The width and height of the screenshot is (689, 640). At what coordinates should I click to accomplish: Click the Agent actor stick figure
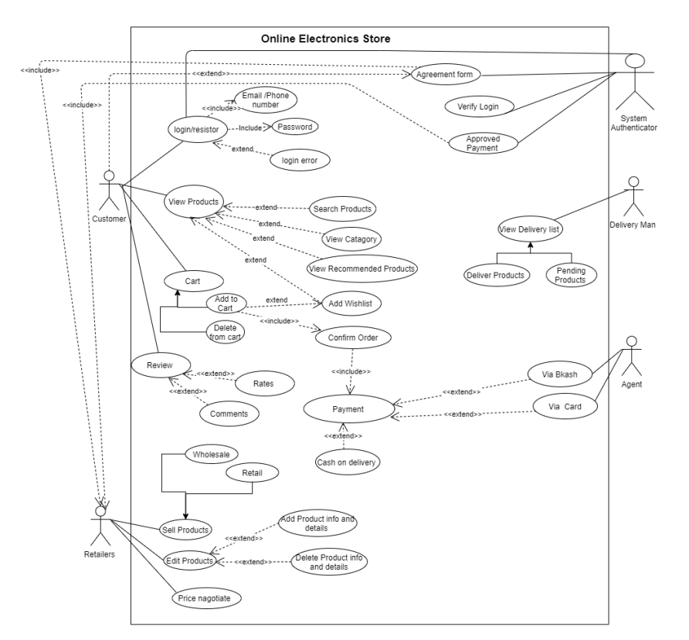click(632, 354)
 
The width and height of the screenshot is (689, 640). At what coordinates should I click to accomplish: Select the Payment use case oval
click(348, 410)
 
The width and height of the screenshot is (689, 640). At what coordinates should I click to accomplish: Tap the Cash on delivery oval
click(346, 462)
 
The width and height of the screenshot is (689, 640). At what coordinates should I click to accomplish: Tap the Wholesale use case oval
click(211, 454)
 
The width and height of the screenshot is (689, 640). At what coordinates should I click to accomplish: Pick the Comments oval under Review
click(229, 414)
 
